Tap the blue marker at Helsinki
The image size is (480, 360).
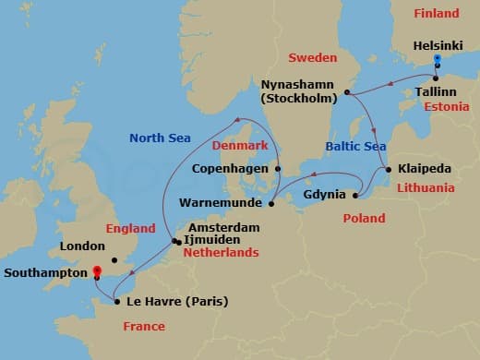(x=437, y=59)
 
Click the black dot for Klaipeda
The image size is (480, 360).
(x=389, y=169)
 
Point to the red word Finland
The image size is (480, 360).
(x=436, y=14)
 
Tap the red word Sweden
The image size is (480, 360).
(x=313, y=57)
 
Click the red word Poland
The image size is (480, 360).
(x=364, y=219)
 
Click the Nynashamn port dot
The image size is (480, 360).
(x=346, y=92)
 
